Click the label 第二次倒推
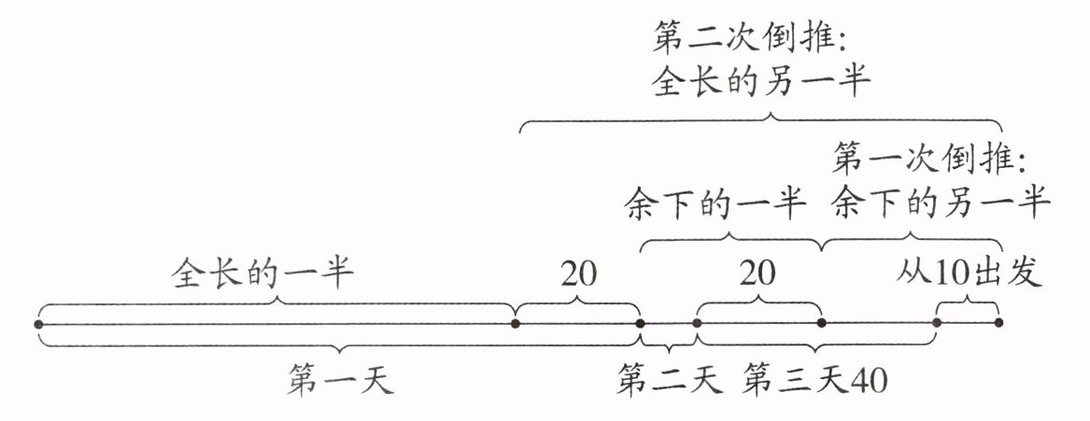pyautogui.click(x=750, y=39)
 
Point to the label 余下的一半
pyautogui.click(x=713, y=202)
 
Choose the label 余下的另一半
pyautogui.click(x=942, y=202)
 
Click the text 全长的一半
pyautogui.click(x=262, y=274)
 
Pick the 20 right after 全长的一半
pyautogui.click(x=579, y=274)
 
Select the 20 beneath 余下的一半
pyautogui.click(x=757, y=274)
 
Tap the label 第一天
pyautogui.click(x=340, y=382)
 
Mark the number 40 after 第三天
pyautogui.click(x=866, y=382)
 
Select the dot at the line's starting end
pyautogui.click(x=38, y=324)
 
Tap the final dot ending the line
pyautogui.click(x=998, y=323)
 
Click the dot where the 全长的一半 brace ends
pyautogui.click(x=516, y=324)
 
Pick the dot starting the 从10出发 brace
pyautogui.click(x=937, y=323)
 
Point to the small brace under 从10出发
pyautogui.click(x=968, y=301)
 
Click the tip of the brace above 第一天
pyautogui.click(x=340, y=353)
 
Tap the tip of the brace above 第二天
pyautogui.click(x=669, y=351)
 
